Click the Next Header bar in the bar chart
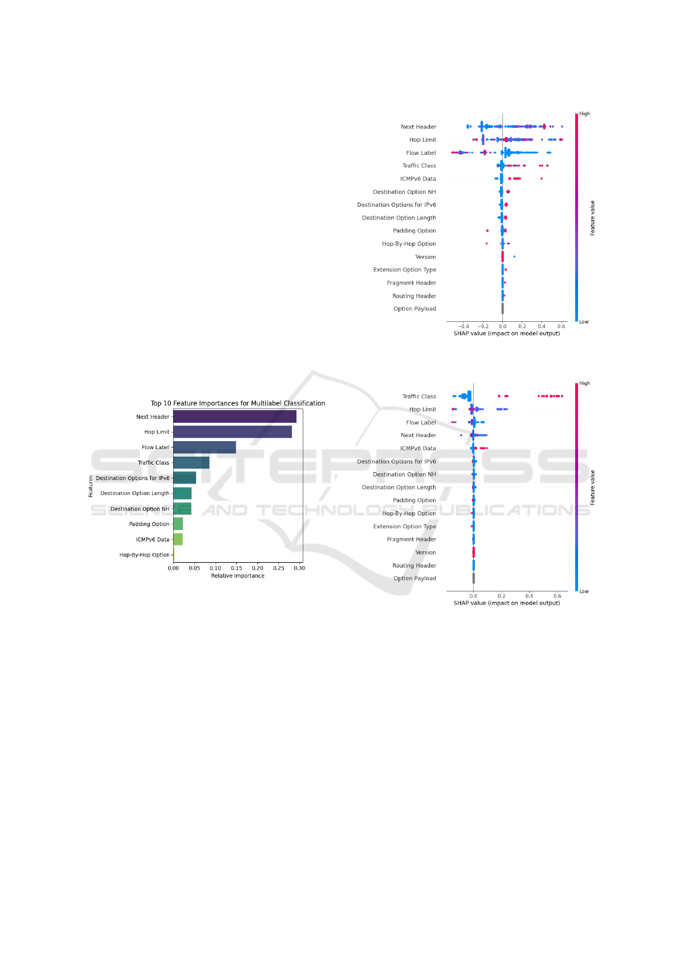(x=235, y=416)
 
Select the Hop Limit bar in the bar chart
(x=232, y=432)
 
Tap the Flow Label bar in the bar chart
(x=204, y=447)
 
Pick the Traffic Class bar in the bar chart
(x=191, y=463)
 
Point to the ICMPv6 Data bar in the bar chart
(x=178, y=539)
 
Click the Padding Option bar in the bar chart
(x=178, y=524)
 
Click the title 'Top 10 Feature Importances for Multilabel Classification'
(x=237, y=403)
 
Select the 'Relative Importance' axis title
(x=237, y=576)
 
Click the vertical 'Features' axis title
(x=91, y=486)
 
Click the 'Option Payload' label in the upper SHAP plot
(x=415, y=309)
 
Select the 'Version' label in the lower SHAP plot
(x=426, y=552)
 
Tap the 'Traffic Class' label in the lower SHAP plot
(x=419, y=396)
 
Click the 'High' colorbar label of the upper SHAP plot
(x=585, y=114)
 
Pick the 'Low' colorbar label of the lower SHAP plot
(x=584, y=591)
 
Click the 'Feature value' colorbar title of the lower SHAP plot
(x=592, y=488)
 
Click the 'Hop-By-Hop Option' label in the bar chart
(x=145, y=555)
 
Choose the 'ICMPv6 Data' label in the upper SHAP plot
(x=418, y=178)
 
